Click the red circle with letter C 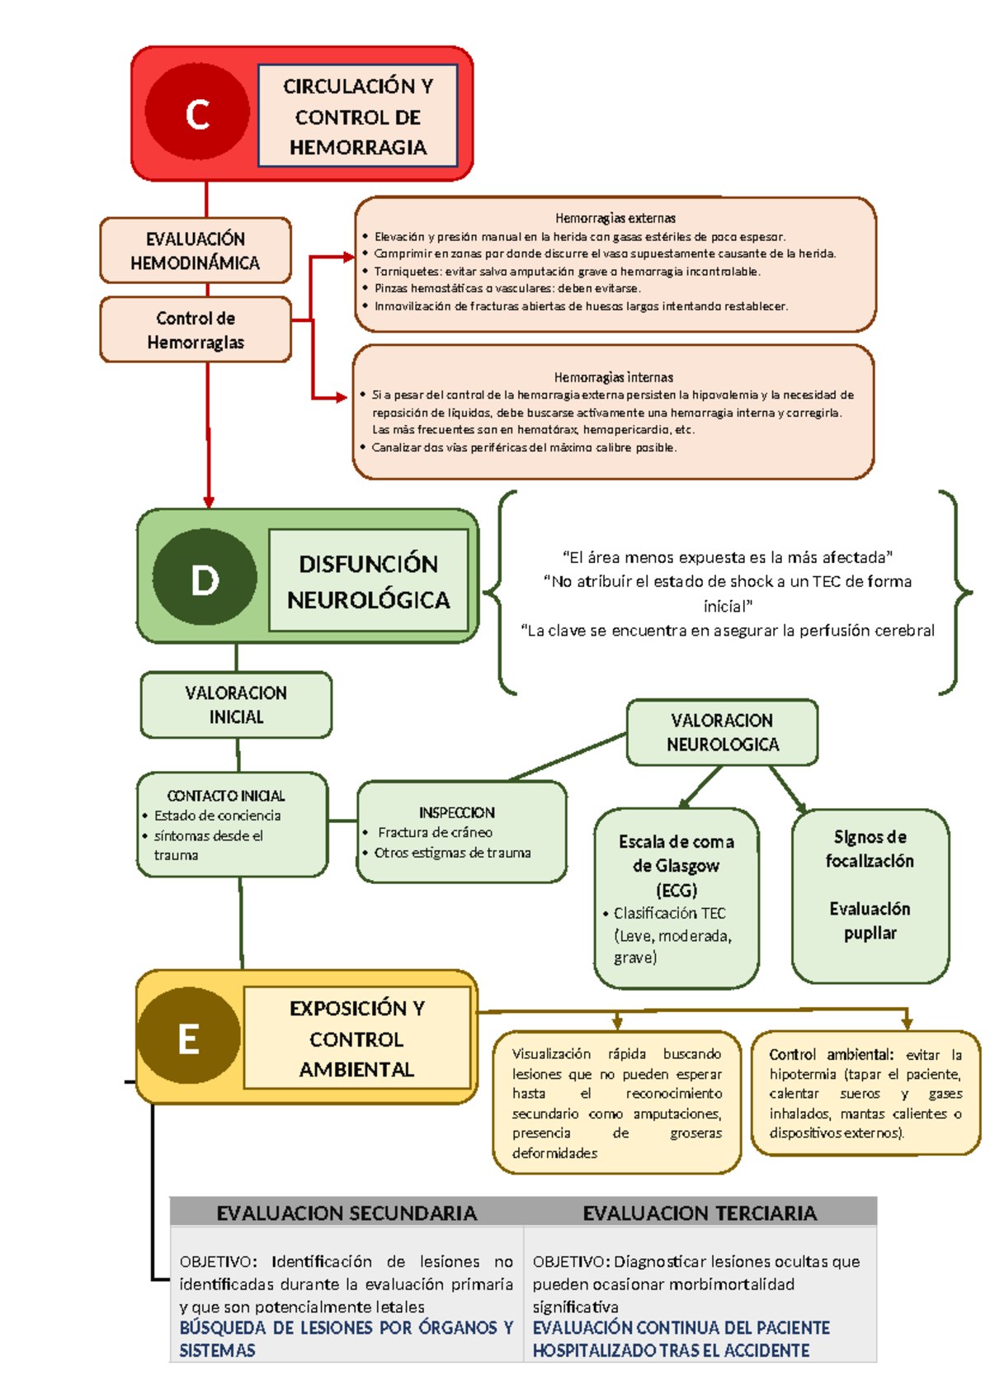tap(197, 112)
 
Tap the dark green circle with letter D tap(205, 577)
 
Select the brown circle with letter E tap(189, 1037)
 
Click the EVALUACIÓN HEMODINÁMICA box tap(196, 251)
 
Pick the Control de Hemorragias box tap(196, 330)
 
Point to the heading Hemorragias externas tap(615, 219)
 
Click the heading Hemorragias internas tap(613, 377)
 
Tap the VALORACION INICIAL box tap(236, 705)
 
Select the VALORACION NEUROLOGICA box tap(722, 732)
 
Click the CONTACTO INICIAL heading tap(226, 796)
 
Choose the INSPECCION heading tap(457, 813)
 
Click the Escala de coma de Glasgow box tap(676, 865)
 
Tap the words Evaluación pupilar tap(870, 920)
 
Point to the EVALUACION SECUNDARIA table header tap(346, 1213)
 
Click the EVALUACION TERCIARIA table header tap(700, 1213)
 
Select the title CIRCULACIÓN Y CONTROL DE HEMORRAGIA tap(358, 116)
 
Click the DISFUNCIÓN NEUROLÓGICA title tap(368, 581)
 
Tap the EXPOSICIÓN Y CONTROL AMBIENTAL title tap(356, 1038)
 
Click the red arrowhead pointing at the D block tap(209, 501)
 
